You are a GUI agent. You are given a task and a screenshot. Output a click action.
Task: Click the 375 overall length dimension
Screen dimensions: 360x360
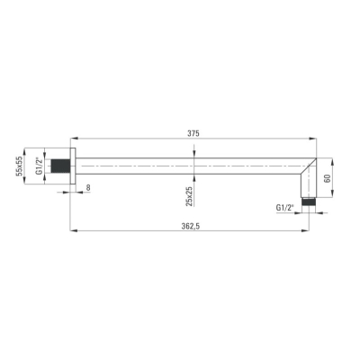click(193, 133)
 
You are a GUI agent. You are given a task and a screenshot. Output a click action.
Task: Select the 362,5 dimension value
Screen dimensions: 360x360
click(191, 226)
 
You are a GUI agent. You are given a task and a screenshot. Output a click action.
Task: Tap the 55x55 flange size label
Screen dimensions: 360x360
click(20, 166)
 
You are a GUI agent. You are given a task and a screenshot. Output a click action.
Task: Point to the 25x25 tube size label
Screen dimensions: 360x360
click(189, 195)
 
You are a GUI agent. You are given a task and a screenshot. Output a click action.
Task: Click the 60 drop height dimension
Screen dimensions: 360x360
click(328, 178)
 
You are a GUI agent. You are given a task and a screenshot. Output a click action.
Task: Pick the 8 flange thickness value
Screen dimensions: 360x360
click(88, 187)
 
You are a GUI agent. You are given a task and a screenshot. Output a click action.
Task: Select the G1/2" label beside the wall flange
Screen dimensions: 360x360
click(39, 166)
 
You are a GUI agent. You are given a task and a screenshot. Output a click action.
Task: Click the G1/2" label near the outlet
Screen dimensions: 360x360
click(284, 207)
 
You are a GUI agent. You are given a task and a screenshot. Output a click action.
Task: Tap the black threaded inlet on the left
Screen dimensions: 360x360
click(61, 166)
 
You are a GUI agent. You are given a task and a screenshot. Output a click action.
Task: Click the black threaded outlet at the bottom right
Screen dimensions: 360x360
click(309, 201)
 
